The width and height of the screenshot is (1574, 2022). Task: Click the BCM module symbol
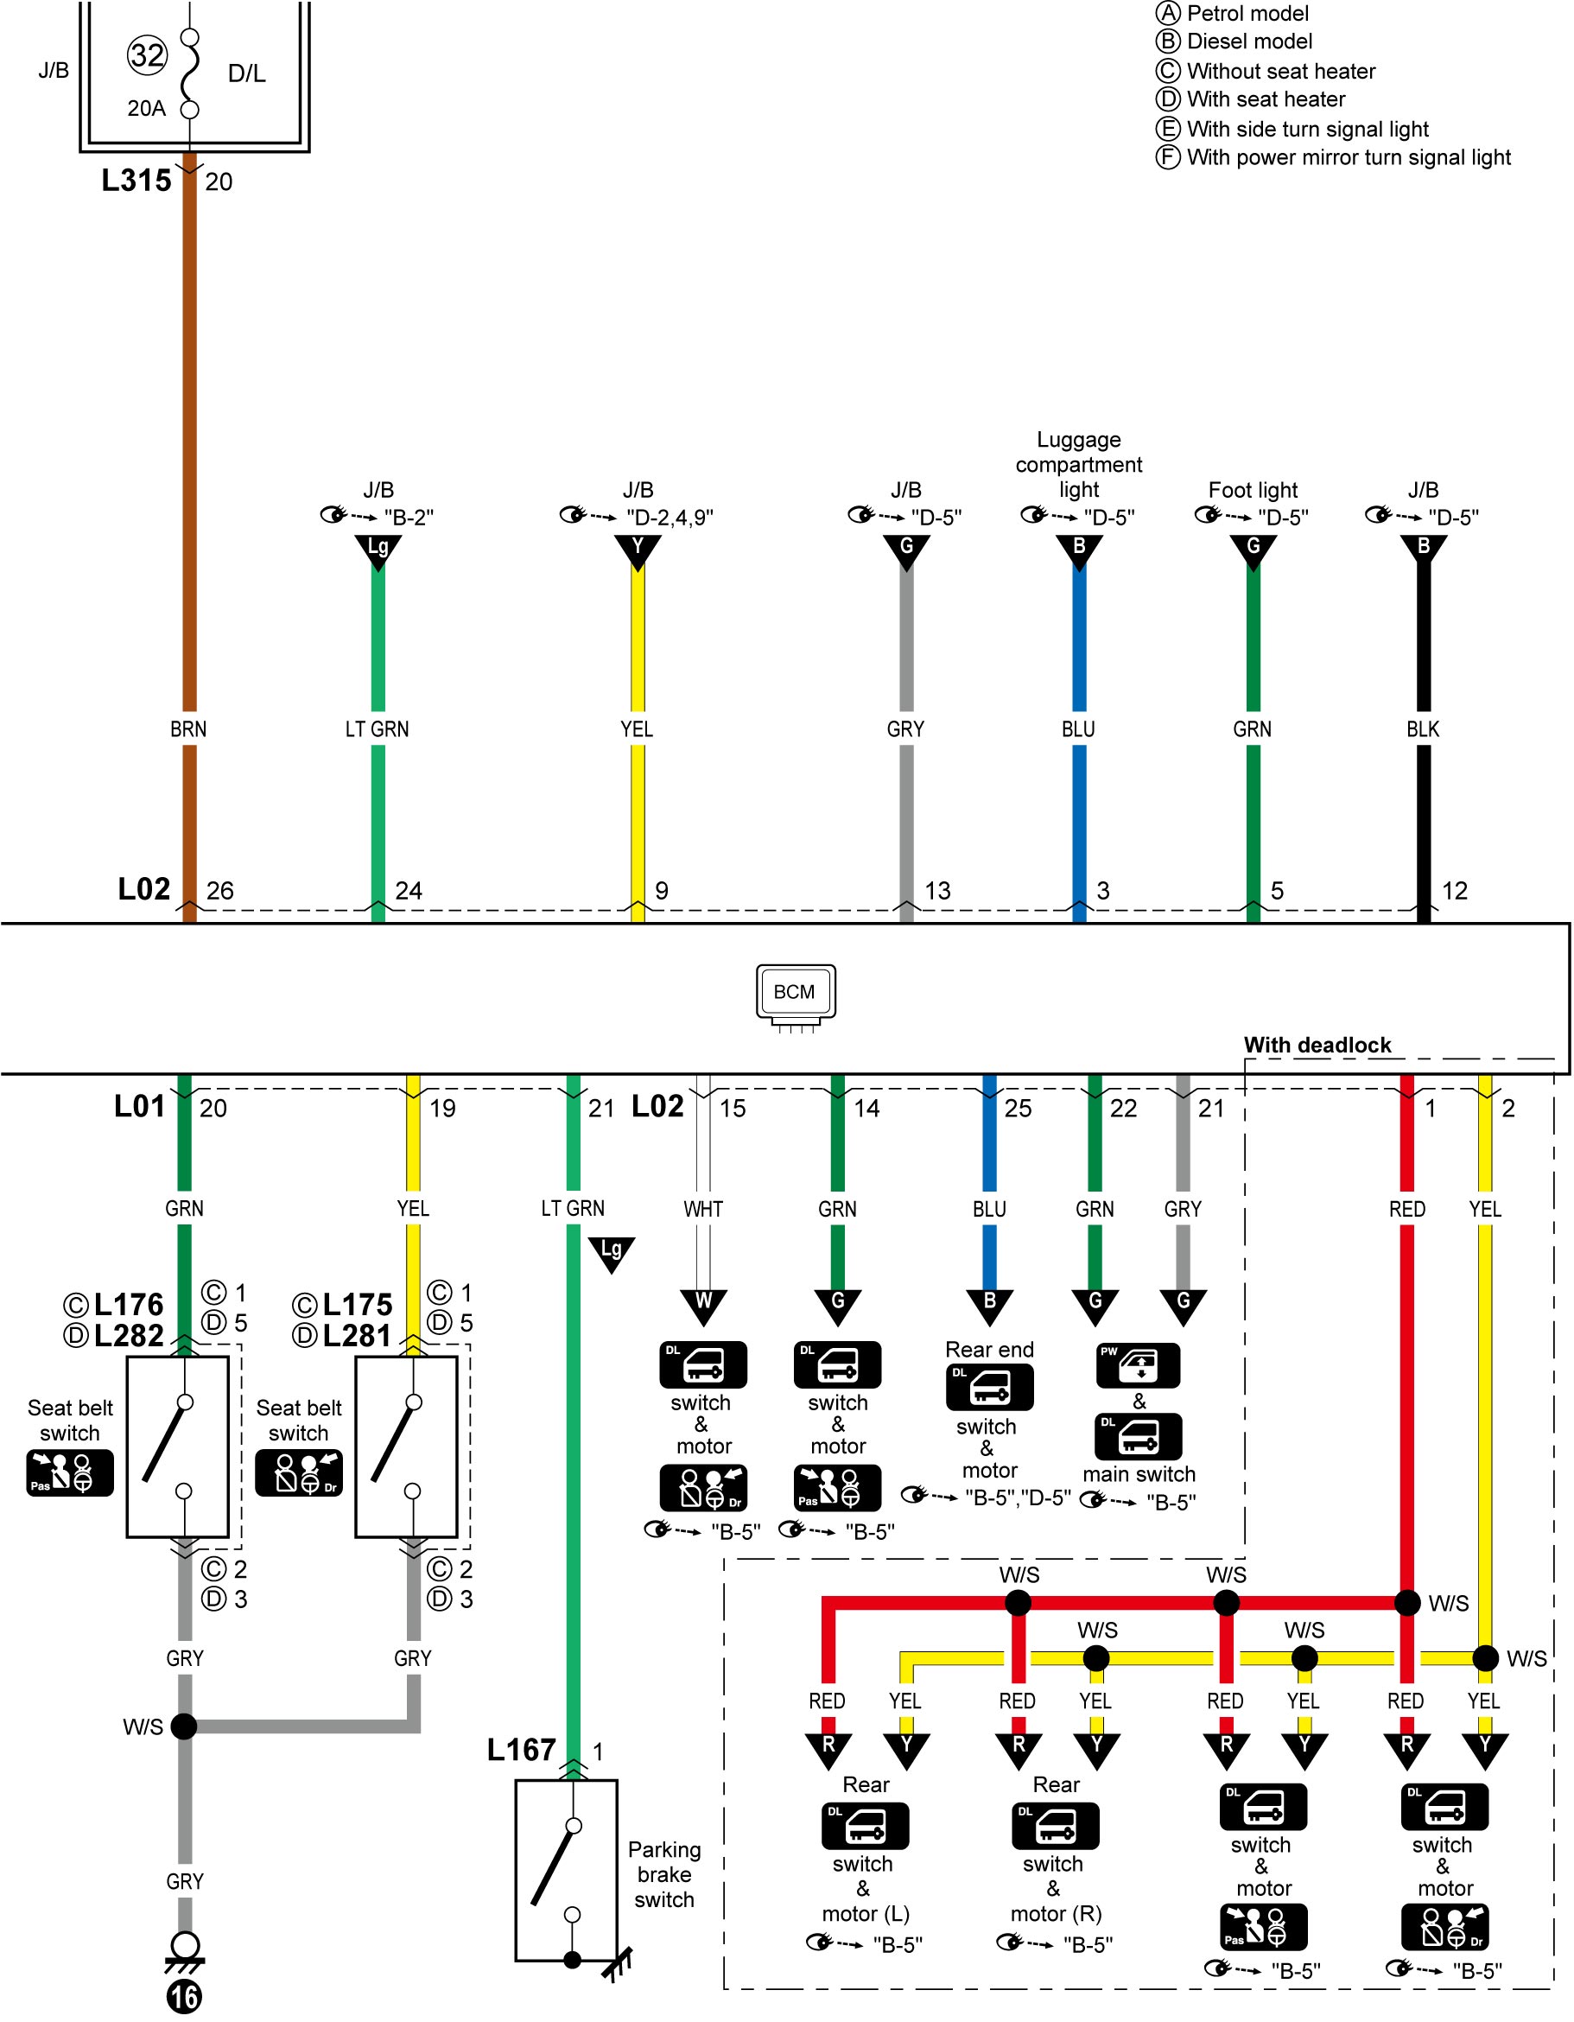tap(795, 997)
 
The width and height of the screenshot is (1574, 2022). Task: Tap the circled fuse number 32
tap(147, 55)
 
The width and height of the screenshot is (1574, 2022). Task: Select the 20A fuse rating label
tap(146, 108)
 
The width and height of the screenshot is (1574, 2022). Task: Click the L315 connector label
tap(136, 180)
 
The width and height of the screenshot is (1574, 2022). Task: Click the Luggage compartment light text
tap(1078, 464)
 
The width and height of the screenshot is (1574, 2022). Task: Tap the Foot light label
tap(1252, 490)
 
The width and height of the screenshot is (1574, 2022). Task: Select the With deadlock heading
tap(1317, 1045)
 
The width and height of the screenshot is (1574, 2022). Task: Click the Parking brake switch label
tap(663, 1874)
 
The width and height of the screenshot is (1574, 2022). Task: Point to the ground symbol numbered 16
tap(184, 1973)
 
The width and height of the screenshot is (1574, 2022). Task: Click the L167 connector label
tap(521, 1749)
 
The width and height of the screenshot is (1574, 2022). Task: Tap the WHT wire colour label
tap(703, 1208)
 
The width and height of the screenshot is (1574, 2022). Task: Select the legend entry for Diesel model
tap(1234, 41)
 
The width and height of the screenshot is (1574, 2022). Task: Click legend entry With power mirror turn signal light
tap(1334, 157)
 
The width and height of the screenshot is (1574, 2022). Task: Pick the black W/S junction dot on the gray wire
tap(184, 1726)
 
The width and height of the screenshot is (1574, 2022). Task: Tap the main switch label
tap(1139, 1473)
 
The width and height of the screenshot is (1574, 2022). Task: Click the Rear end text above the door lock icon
tap(989, 1349)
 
